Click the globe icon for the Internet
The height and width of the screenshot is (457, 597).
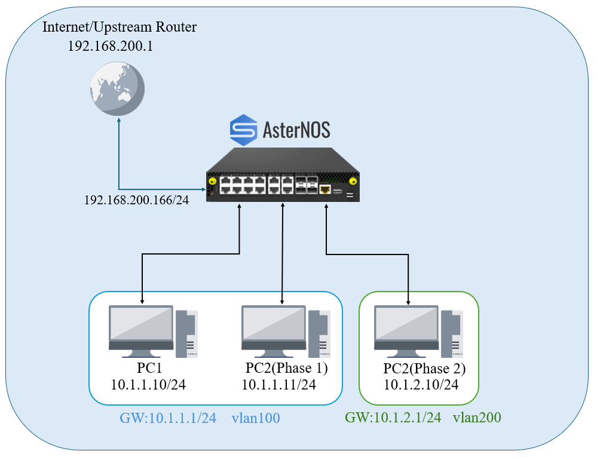(x=117, y=88)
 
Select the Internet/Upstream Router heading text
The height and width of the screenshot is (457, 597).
(x=120, y=27)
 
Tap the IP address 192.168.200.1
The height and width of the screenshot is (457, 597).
(x=111, y=46)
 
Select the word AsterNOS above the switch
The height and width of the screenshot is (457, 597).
(x=296, y=130)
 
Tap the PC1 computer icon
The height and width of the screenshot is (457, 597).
(x=153, y=331)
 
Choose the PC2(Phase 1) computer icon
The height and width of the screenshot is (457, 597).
(x=286, y=331)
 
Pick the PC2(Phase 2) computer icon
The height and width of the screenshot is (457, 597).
(x=419, y=331)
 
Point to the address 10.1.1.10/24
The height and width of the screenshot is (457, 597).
(x=148, y=384)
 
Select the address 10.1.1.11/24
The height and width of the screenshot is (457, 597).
(x=278, y=384)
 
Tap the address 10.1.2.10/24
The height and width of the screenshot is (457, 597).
(x=421, y=385)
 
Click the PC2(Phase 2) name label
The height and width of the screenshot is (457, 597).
(x=424, y=368)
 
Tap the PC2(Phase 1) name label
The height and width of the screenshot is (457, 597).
(x=287, y=367)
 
